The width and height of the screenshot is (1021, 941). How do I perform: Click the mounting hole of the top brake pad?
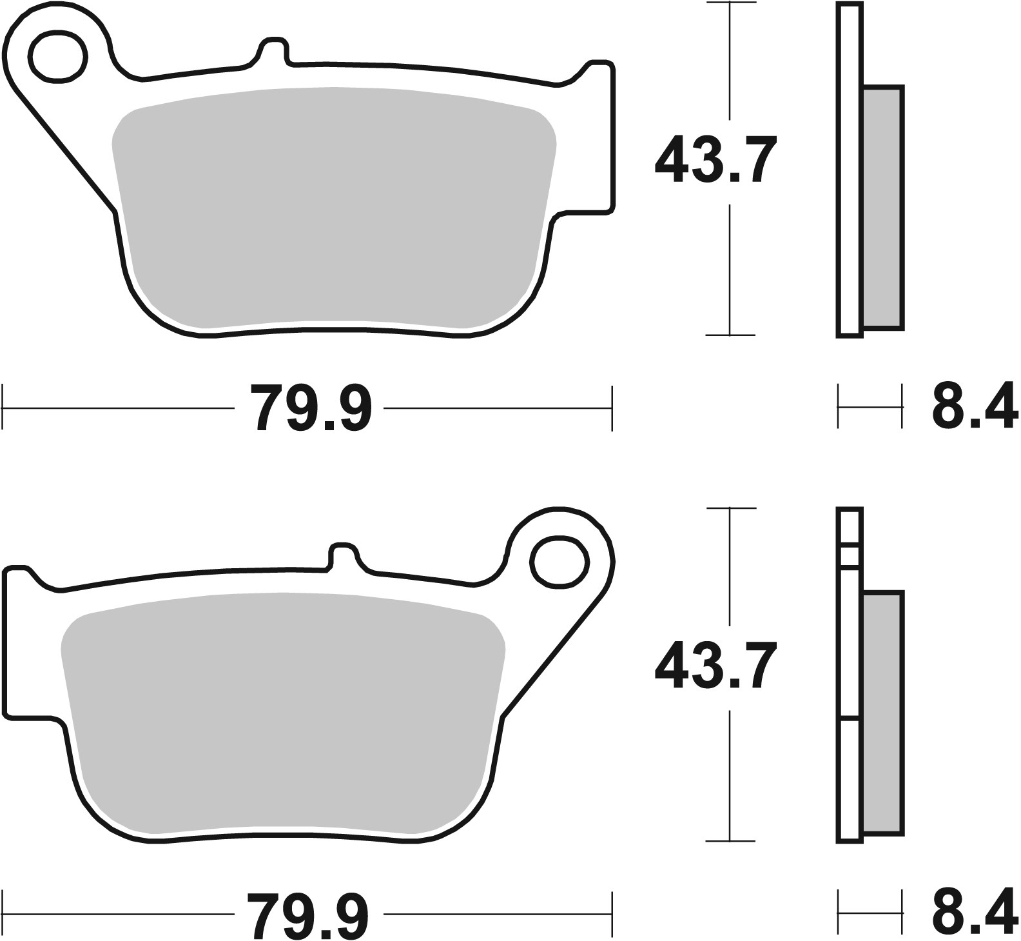[58, 57]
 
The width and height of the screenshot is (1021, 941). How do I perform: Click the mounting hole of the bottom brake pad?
[559, 562]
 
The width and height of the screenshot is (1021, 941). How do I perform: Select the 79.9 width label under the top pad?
[311, 408]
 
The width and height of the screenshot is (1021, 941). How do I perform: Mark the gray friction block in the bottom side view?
[882, 713]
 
